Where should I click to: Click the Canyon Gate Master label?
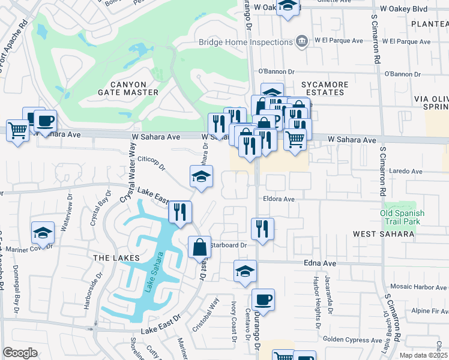(x=128, y=88)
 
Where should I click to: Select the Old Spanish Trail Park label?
(x=402, y=217)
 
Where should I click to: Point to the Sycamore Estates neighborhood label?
(x=323, y=88)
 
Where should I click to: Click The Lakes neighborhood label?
(x=116, y=257)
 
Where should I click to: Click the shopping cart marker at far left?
(x=18, y=130)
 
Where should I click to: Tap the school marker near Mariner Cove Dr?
(x=43, y=233)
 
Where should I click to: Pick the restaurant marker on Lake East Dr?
(x=180, y=212)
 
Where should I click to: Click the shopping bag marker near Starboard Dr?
(x=199, y=247)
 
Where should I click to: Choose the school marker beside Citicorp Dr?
(x=202, y=176)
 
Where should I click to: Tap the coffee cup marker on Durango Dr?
(x=263, y=299)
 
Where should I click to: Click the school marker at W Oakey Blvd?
(x=288, y=7)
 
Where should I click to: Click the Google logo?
(x=20, y=353)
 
